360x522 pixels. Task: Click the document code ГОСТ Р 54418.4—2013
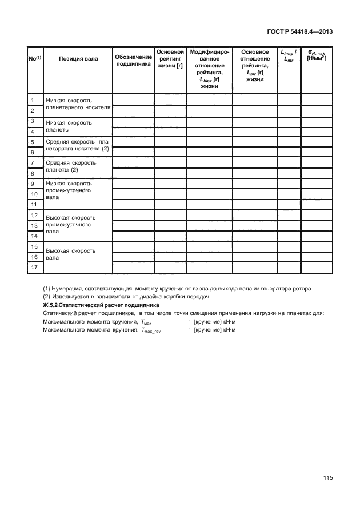point(299,32)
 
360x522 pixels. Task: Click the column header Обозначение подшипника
point(133,62)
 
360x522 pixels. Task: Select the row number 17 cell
point(34,268)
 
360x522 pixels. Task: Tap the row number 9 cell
point(34,184)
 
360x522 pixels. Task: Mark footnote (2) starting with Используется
point(127,296)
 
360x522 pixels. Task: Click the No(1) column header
point(34,59)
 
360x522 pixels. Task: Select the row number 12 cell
point(34,215)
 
